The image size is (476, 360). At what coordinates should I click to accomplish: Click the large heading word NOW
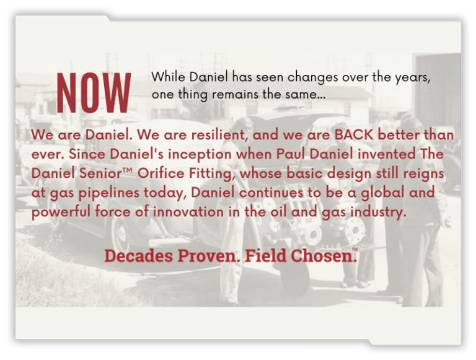(x=94, y=93)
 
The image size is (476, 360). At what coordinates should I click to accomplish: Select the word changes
(x=314, y=78)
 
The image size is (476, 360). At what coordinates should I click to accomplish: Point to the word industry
(x=377, y=212)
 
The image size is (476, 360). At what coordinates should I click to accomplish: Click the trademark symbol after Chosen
(x=355, y=250)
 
